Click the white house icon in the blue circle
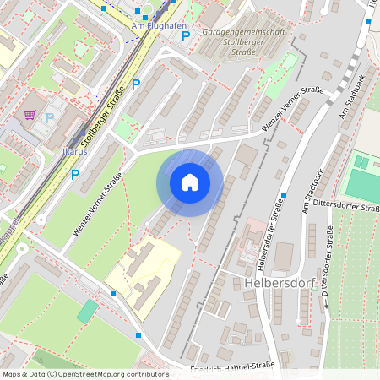(x=190, y=182)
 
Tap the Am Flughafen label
(x=160, y=25)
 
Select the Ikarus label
(x=74, y=152)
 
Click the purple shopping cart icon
(x=30, y=115)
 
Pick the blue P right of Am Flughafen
(x=186, y=35)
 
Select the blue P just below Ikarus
(x=74, y=175)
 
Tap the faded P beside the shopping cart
(x=49, y=118)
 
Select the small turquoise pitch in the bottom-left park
(x=87, y=310)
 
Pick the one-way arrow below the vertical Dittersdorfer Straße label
(x=323, y=305)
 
